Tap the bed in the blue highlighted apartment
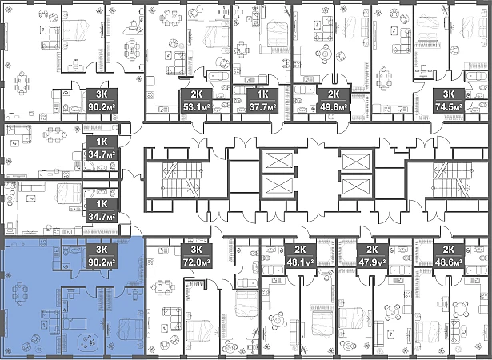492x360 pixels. click(x=130, y=329)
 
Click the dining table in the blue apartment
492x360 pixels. click(x=19, y=294)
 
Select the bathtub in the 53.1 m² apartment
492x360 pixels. click(x=219, y=78)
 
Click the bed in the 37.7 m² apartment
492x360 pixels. click(x=277, y=34)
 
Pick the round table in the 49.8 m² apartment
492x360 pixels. click(x=326, y=54)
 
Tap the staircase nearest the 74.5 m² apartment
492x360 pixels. click(x=452, y=179)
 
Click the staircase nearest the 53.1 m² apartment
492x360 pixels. click(x=181, y=179)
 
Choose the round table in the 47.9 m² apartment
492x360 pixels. click(x=392, y=313)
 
